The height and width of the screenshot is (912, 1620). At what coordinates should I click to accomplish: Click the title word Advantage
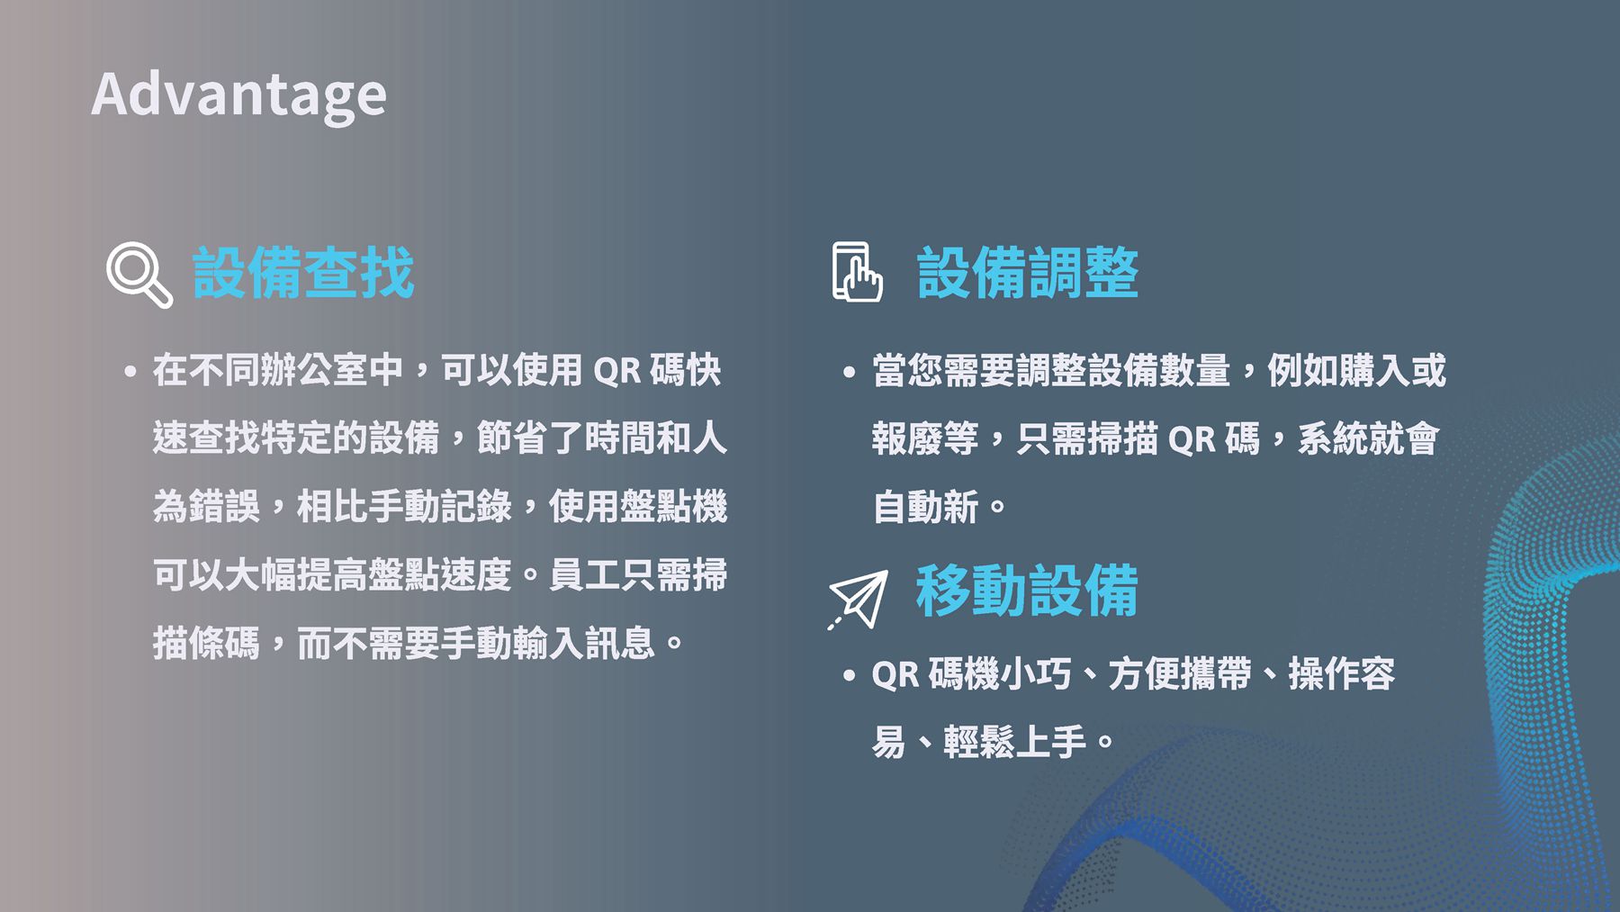tap(239, 96)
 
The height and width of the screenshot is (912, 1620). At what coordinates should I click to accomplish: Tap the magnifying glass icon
tap(139, 274)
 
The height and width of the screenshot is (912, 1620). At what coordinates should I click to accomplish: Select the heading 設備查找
tap(303, 272)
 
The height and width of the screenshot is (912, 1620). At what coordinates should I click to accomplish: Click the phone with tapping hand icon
tap(857, 272)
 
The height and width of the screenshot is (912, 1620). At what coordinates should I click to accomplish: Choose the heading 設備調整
tap(1028, 272)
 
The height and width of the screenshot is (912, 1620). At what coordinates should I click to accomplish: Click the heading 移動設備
tap(1028, 591)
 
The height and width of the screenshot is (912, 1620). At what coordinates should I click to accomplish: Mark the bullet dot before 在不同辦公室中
tap(131, 371)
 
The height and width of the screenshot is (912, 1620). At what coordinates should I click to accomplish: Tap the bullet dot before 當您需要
tap(849, 371)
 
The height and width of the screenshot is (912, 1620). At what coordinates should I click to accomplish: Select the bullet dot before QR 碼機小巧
tap(849, 674)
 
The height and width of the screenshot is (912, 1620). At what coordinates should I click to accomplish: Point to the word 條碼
tap(224, 644)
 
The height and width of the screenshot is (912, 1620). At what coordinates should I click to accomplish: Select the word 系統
tap(1333, 439)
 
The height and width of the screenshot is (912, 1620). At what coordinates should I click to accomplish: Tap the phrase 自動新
tap(925, 507)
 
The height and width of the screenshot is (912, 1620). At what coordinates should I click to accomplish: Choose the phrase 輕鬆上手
tap(1015, 743)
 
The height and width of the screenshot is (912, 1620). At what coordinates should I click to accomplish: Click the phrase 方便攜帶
tap(1180, 674)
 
